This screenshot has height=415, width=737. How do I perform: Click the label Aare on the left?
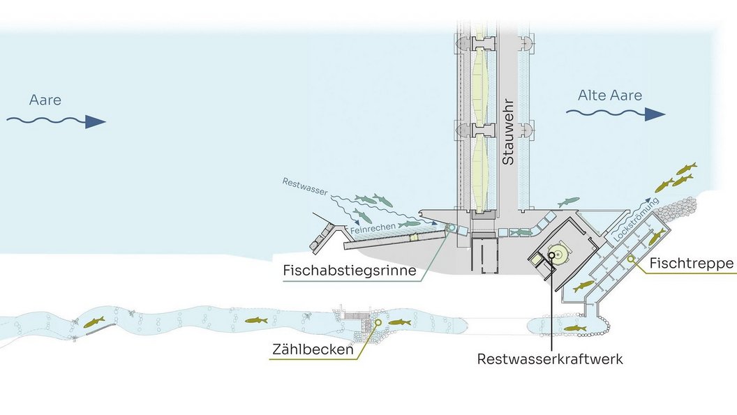(45, 100)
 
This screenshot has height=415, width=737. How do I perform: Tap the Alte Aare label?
(609, 96)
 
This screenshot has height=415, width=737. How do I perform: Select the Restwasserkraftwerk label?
(550, 359)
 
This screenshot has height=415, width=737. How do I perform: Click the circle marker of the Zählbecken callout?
(378, 322)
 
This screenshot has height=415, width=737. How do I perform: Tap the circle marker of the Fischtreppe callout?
(631, 259)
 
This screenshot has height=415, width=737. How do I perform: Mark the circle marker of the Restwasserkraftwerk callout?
(551, 255)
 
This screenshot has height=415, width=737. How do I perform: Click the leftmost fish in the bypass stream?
(94, 322)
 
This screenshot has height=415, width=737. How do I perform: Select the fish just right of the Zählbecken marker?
(400, 322)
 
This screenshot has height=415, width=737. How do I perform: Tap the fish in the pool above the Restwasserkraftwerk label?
(574, 327)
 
